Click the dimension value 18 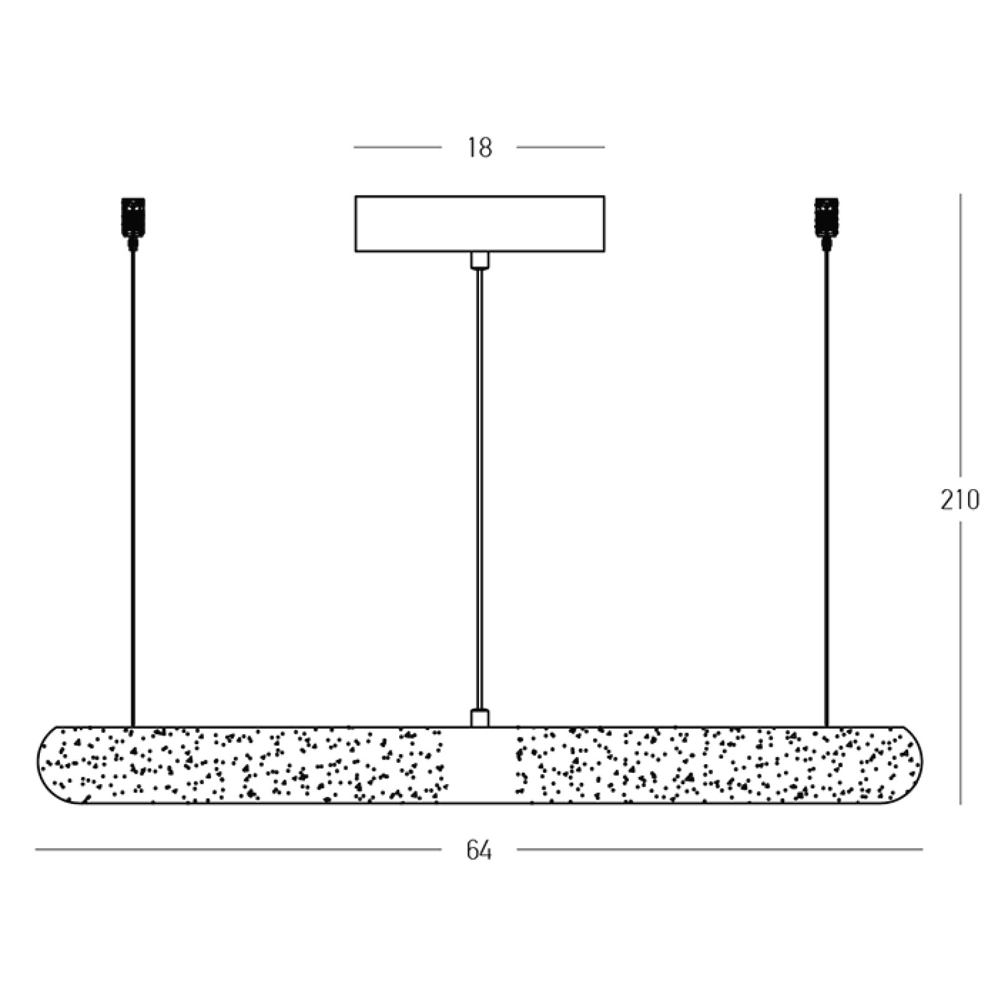click(480, 148)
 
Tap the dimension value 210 click(960, 500)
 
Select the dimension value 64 click(479, 850)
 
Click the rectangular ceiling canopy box click(480, 224)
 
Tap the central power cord click(480, 490)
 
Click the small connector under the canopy click(480, 260)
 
